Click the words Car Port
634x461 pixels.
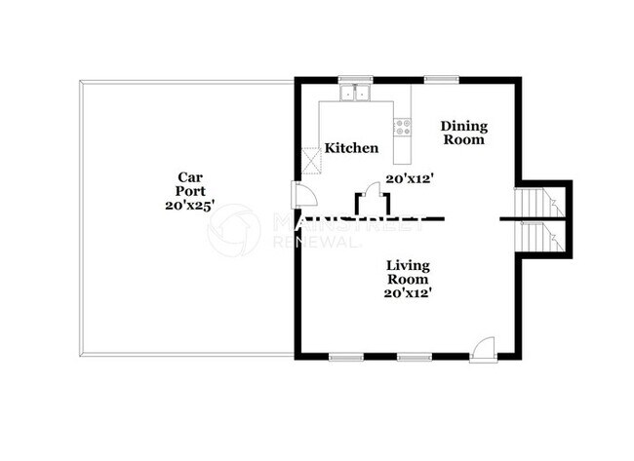pyautogui.click(x=189, y=184)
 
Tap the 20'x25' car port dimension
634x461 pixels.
pyautogui.click(x=189, y=206)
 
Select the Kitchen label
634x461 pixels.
pyautogui.click(x=351, y=148)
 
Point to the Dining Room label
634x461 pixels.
pyautogui.click(x=464, y=133)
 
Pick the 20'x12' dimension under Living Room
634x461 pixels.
pyautogui.click(x=408, y=292)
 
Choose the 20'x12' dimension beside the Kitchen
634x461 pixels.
pyautogui.click(x=409, y=178)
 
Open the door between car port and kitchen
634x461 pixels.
pyautogui.click(x=304, y=194)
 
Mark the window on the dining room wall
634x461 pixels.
pyautogui.click(x=441, y=79)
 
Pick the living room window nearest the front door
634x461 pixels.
pyautogui.click(x=413, y=358)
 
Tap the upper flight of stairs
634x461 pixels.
pyautogui.click(x=534, y=203)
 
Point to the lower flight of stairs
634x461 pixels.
pyautogui.click(x=534, y=235)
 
